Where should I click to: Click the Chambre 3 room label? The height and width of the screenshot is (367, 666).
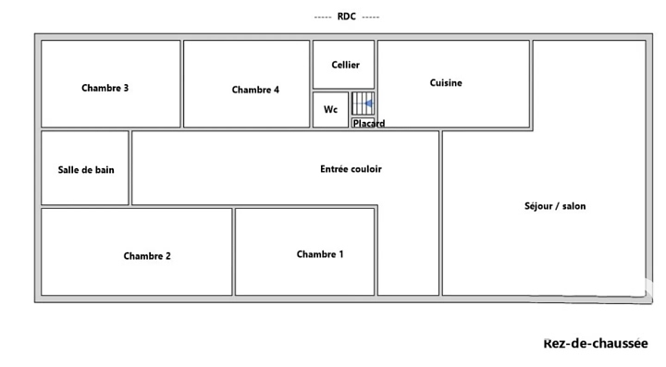[105, 88]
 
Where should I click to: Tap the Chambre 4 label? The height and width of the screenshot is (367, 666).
[255, 90]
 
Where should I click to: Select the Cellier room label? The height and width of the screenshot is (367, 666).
[345, 65]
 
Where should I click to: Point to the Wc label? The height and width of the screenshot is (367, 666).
[330, 109]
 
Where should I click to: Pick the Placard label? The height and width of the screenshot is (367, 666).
[369, 124]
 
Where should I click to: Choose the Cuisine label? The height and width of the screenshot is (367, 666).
[446, 82]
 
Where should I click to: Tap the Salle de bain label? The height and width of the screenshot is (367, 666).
[86, 170]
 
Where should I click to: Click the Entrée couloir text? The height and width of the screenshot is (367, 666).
[351, 169]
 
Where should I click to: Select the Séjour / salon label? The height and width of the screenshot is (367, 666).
[555, 206]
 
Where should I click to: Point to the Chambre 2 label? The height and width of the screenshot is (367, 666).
[147, 256]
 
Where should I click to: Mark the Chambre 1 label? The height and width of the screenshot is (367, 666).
[320, 254]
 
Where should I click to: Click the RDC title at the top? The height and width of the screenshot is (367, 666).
[347, 17]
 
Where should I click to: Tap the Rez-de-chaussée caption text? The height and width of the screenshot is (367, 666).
[596, 343]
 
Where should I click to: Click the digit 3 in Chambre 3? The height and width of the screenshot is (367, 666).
[126, 88]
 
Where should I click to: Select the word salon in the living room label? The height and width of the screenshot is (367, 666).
[574, 206]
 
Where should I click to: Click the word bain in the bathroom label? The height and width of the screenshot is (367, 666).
[105, 170]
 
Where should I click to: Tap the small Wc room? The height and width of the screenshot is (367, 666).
[330, 109]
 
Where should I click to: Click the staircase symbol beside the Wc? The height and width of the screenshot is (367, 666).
[364, 104]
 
